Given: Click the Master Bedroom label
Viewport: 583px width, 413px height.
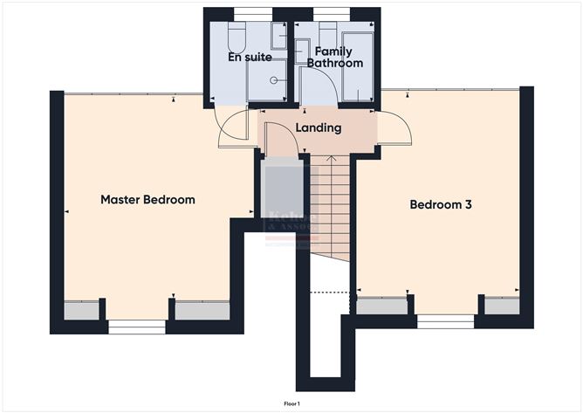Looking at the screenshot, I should pyautogui.click(x=147, y=200).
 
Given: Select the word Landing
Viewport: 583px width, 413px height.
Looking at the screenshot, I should pyautogui.click(x=319, y=128).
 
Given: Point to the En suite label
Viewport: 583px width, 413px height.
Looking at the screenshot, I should pyautogui.click(x=250, y=58).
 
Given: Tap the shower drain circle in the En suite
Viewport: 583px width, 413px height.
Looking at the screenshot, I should pyautogui.click(x=274, y=79).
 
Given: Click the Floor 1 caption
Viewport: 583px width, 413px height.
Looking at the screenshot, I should pyautogui.click(x=291, y=403).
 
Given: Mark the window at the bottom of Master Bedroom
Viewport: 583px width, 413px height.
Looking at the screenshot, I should pyautogui.click(x=136, y=327).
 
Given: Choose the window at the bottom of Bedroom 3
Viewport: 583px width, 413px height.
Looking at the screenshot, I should pyautogui.click(x=446, y=320).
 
